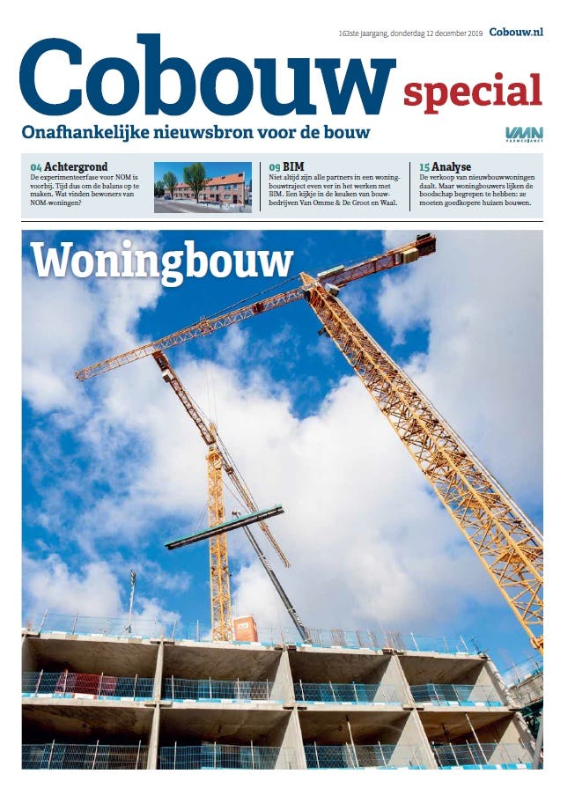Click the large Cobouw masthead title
pyautogui.click(x=207, y=77)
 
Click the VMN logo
pyautogui.click(x=524, y=134)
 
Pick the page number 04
pyautogui.click(x=35, y=166)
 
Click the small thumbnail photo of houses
pyautogui.click(x=202, y=187)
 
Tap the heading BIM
pyautogui.click(x=293, y=166)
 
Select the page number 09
pyautogui.click(x=275, y=166)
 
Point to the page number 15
pyautogui.click(x=424, y=166)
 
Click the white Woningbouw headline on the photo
pyautogui.click(x=161, y=261)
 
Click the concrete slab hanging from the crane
pyautogui.click(x=225, y=527)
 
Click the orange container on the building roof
pyautogui.click(x=245, y=629)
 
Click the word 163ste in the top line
pyautogui.click(x=351, y=33)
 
